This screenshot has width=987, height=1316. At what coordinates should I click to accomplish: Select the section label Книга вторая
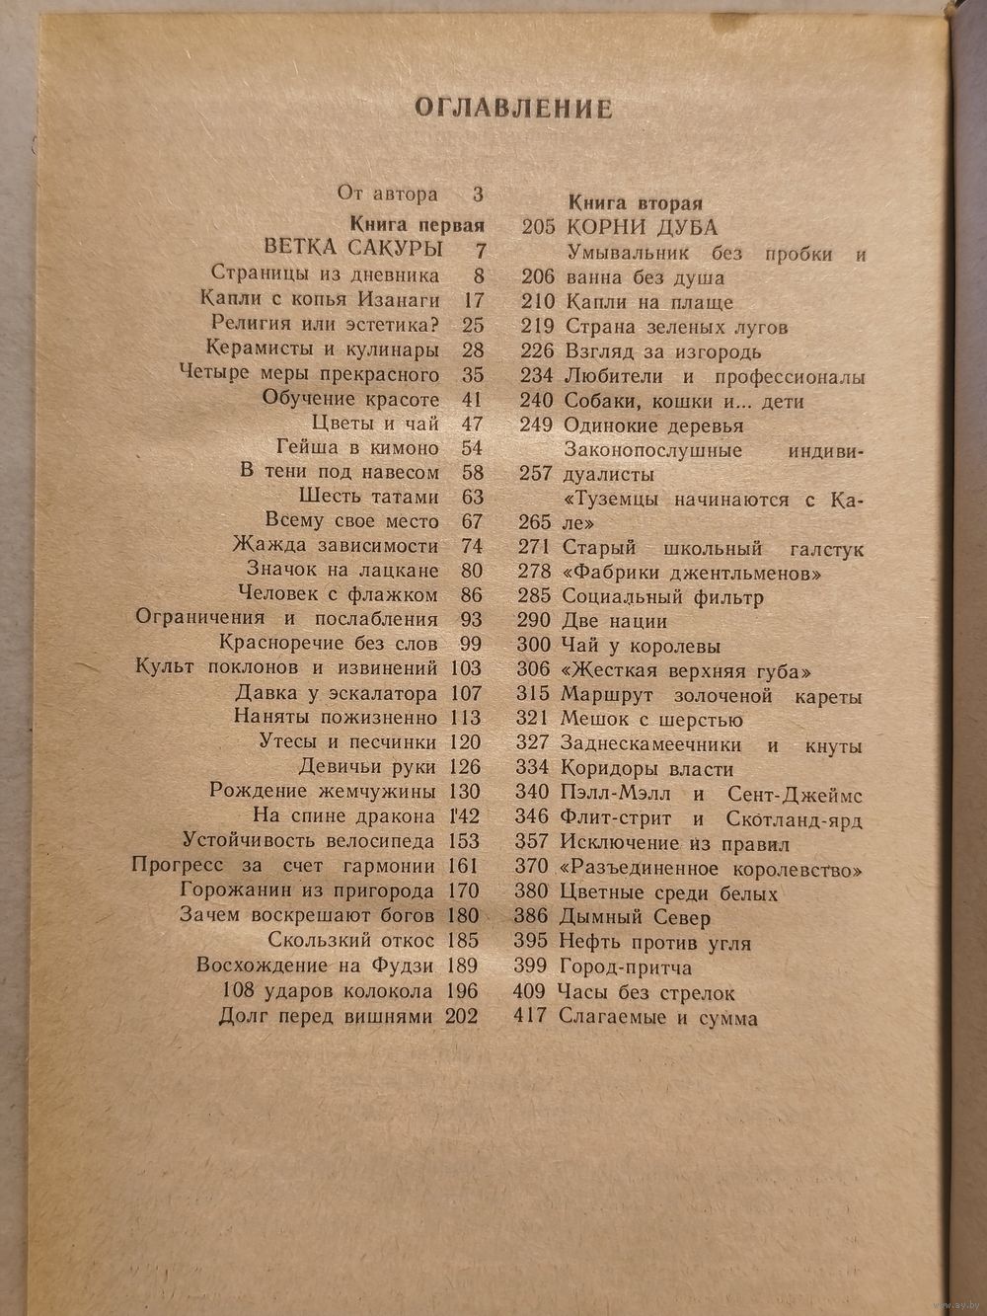(x=636, y=203)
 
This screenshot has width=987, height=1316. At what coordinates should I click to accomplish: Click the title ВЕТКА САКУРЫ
(x=353, y=248)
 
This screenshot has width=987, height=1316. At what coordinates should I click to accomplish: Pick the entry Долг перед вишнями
(x=326, y=1017)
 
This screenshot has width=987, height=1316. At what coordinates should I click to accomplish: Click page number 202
(x=462, y=1017)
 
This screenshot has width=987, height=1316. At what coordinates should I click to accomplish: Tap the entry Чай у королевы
(x=641, y=647)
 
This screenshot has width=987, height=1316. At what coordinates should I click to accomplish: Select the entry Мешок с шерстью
(x=651, y=721)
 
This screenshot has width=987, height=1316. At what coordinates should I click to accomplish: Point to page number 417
(x=530, y=1016)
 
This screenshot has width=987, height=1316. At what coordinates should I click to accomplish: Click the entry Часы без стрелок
(x=646, y=992)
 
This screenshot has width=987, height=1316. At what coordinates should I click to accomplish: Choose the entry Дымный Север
(x=635, y=918)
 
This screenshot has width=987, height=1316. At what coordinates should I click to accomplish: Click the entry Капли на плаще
(x=648, y=302)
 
